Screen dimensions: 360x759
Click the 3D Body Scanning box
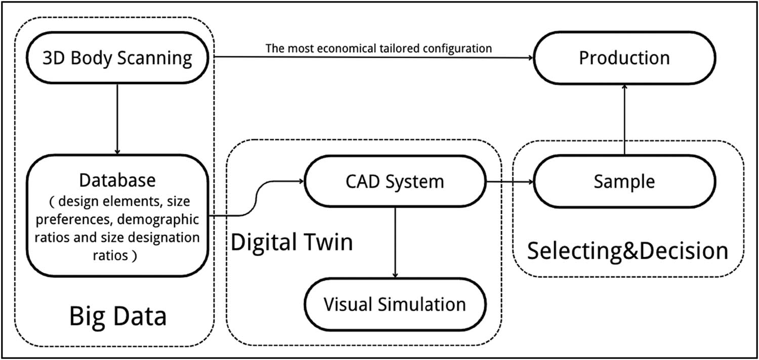pyautogui.click(x=117, y=58)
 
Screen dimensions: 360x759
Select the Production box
pyautogui.click(x=624, y=58)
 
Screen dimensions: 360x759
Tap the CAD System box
pyautogui.click(x=394, y=181)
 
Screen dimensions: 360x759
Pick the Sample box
pyautogui.click(x=624, y=181)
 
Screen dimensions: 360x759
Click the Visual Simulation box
pyautogui.click(x=395, y=304)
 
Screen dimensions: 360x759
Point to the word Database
pyautogui.click(x=117, y=180)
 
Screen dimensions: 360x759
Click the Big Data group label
pyautogui.click(x=117, y=316)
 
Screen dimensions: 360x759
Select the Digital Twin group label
pyautogui.click(x=291, y=242)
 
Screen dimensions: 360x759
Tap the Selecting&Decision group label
pyautogui.click(x=627, y=251)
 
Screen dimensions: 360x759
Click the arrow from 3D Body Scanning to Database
pyautogui.click(x=117, y=119)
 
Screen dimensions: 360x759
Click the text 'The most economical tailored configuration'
pyautogui.click(x=378, y=49)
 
